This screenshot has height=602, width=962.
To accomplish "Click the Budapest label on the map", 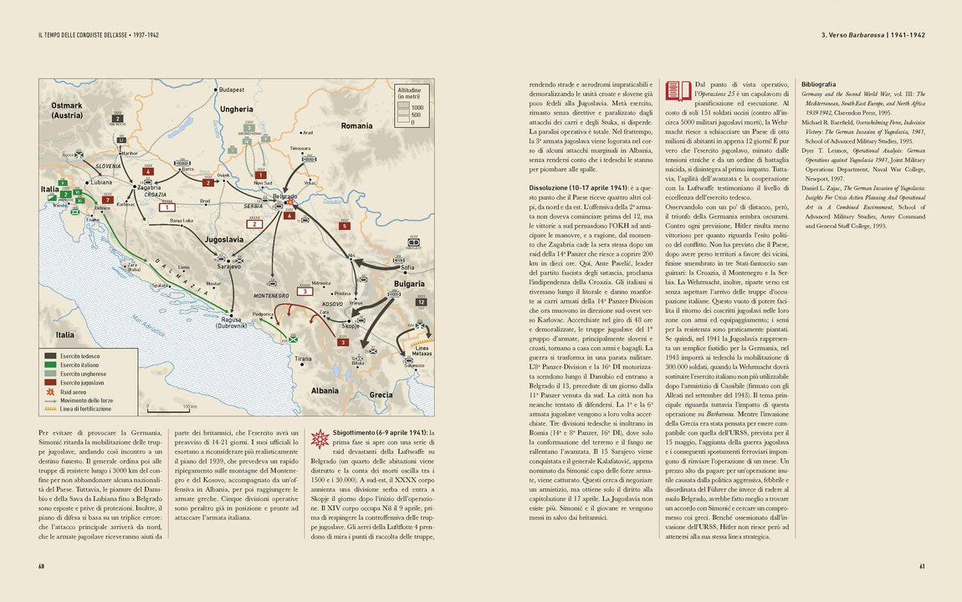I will tap(232, 89).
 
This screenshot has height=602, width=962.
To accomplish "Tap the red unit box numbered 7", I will tap(108, 200).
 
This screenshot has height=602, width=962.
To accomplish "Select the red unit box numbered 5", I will tap(344, 226).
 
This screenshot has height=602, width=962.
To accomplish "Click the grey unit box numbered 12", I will tap(422, 302).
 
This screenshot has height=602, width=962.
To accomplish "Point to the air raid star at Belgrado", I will tap(289, 202).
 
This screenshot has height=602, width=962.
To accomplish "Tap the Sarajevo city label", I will tap(229, 266).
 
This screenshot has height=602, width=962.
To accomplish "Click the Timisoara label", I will tap(299, 148).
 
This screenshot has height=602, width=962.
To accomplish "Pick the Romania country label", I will tap(356, 125).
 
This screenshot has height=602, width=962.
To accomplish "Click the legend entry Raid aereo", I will tap(72, 391).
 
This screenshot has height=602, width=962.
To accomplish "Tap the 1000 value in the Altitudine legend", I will tap(417, 108).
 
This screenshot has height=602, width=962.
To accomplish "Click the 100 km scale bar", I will tap(171, 409).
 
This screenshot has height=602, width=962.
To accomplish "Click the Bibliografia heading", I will tap(818, 84).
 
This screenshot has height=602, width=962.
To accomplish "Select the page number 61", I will tap(922, 566).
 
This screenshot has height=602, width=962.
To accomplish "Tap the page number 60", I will tap(40, 566).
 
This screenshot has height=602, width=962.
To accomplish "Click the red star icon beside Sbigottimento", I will tap(319, 439).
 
